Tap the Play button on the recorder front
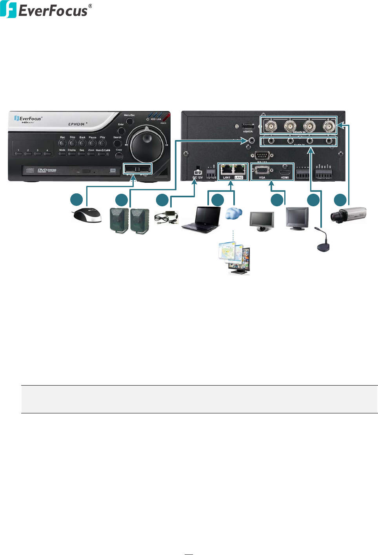[102, 143]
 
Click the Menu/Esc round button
[129, 120]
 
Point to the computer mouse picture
[87, 215]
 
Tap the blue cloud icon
[234, 214]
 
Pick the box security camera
[348, 215]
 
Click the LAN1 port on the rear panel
[226, 170]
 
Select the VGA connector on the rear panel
[262, 171]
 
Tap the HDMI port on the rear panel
[285, 172]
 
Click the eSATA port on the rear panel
[248, 126]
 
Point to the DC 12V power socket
[197, 172]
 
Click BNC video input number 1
[271, 126]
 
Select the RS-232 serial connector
[262, 155]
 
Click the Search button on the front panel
[117, 143]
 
